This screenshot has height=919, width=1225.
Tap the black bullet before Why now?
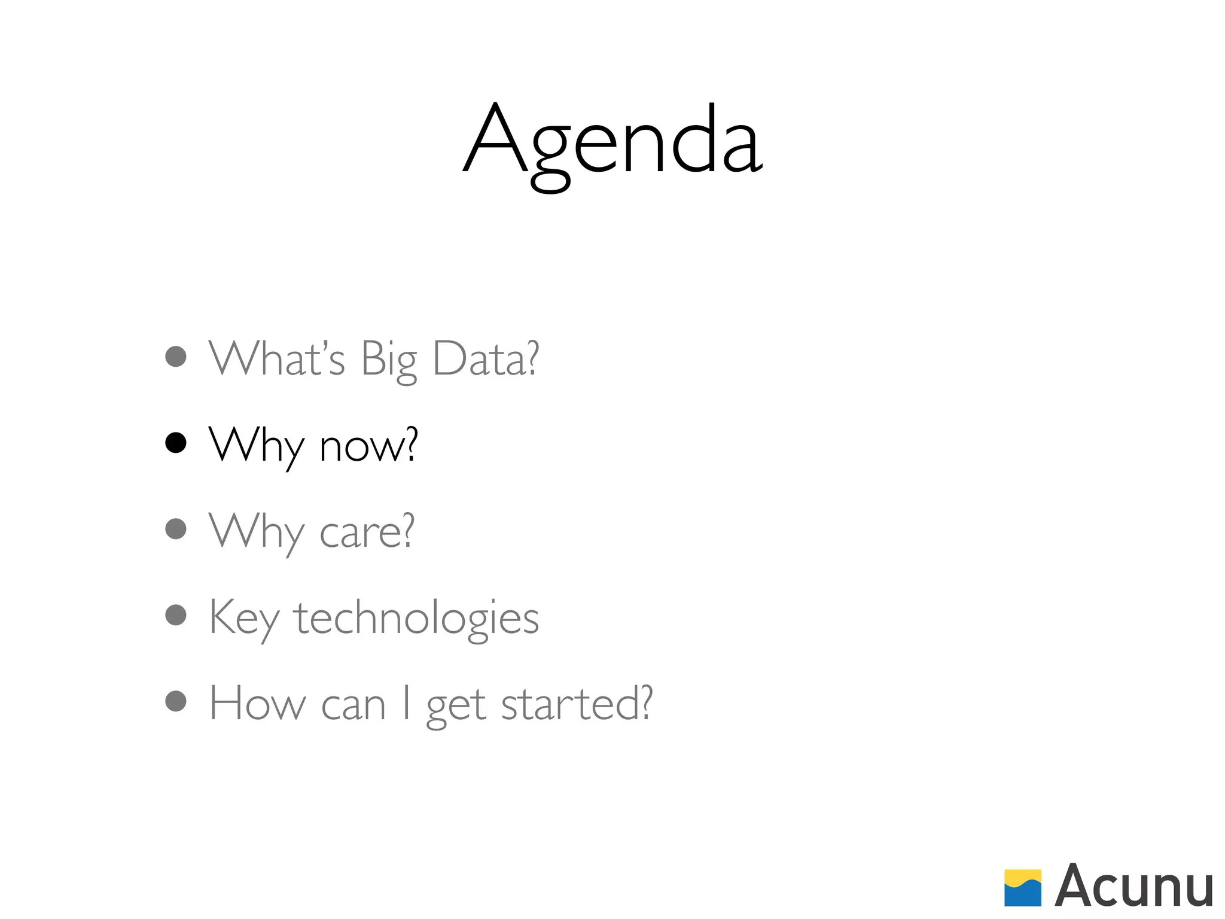tap(176, 443)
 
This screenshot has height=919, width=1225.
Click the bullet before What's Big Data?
tap(176, 357)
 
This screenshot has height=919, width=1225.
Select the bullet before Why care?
tap(176, 529)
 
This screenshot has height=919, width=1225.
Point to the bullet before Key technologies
tap(176, 615)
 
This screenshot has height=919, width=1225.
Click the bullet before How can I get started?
tap(176, 701)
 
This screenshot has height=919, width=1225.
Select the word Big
tap(389, 360)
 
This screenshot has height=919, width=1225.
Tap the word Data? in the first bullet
tap(485, 359)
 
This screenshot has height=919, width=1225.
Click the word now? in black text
tap(368, 446)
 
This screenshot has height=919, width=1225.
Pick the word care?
tap(367, 531)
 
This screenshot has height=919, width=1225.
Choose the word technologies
tap(416, 619)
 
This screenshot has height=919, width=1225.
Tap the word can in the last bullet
tap(353, 706)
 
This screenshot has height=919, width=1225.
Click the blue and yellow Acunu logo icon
tap(1022, 888)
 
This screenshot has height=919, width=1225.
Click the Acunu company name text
tap(1133, 887)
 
